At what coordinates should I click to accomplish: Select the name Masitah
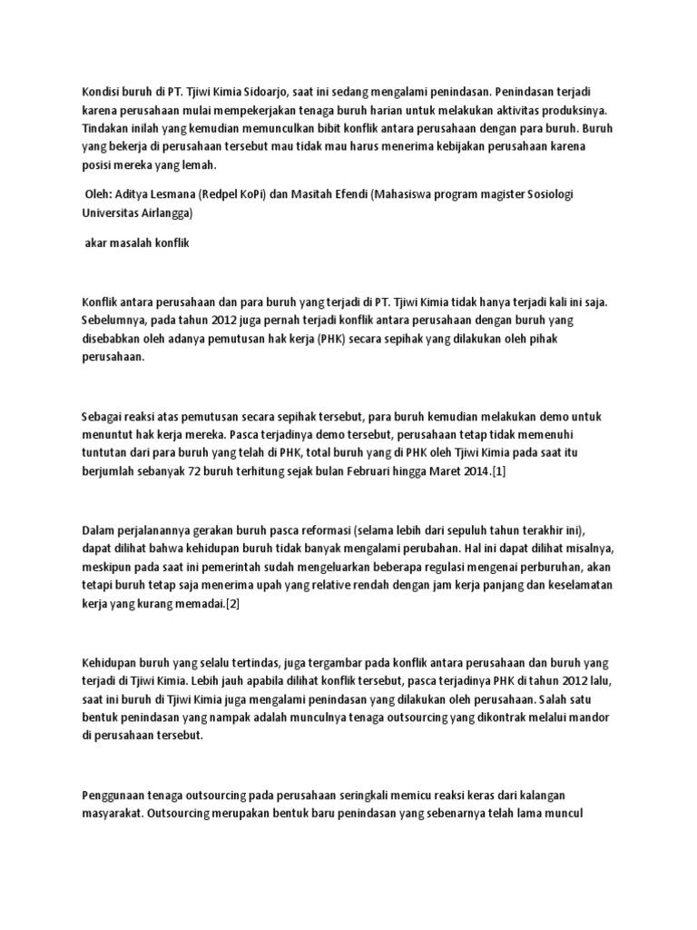tap(329, 195)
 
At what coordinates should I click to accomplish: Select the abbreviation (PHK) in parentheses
tap(318, 340)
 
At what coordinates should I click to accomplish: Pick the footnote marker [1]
tap(498, 470)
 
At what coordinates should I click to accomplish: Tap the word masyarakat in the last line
tap(110, 813)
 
